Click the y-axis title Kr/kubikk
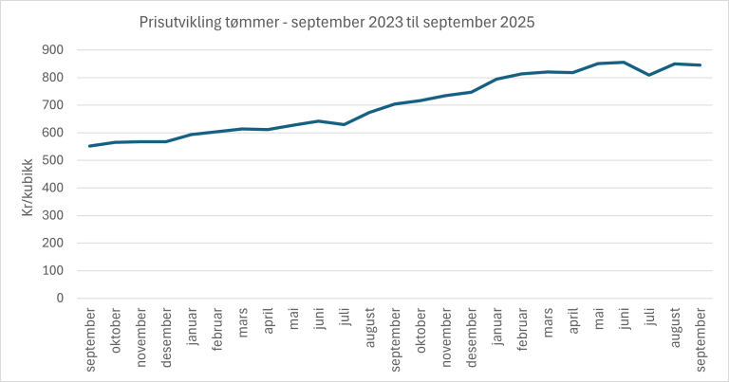[28, 174]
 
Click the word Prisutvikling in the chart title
[176, 21]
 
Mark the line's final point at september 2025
[701, 65]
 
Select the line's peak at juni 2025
[624, 63]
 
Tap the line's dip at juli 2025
[649, 75]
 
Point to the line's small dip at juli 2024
[345, 124]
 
